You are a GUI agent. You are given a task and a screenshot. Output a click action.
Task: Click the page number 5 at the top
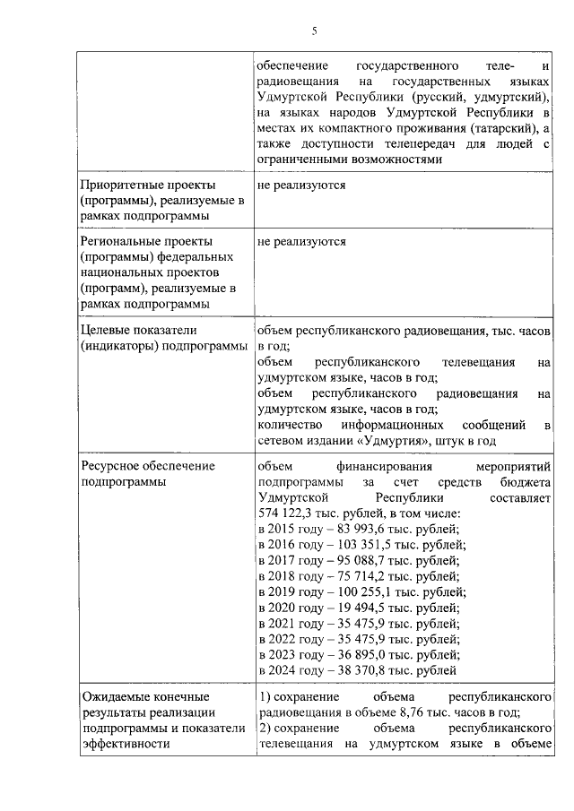(x=315, y=32)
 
